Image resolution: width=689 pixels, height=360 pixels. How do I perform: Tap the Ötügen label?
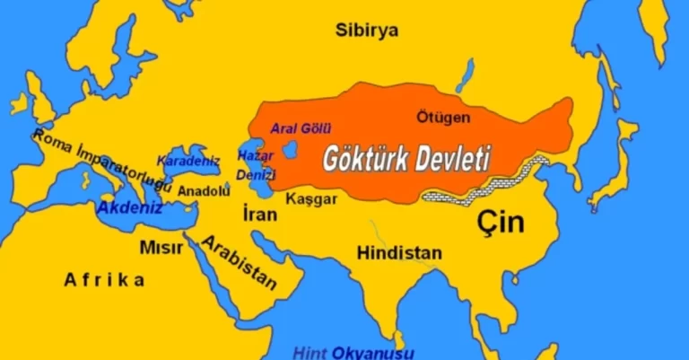pyautogui.click(x=443, y=117)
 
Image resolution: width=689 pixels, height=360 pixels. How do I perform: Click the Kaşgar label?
pyautogui.click(x=311, y=199)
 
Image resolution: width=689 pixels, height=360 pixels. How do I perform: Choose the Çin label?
pyautogui.click(x=500, y=221)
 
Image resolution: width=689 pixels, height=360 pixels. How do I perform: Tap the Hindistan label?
pyautogui.click(x=399, y=252)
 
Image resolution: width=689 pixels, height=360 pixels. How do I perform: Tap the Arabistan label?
pyautogui.click(x=239, y=262)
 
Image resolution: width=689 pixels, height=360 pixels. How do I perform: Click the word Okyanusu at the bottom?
pyautogui.click(x=371, y=351)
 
